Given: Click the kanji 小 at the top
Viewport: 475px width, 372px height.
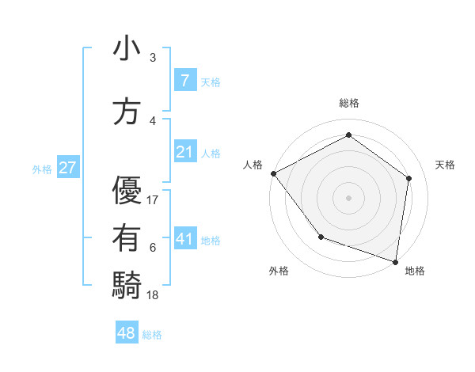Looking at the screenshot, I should (x=127, y=48).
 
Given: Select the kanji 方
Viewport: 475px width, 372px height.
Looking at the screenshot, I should (x=127, y=112).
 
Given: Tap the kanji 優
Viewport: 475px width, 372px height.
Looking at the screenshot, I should (x=127, y=191).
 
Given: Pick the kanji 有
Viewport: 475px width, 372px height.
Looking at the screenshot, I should (x=127, y=238).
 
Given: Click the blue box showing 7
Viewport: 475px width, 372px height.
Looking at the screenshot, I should (x=184, y=80).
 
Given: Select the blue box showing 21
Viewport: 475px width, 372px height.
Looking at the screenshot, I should (x=184, y=152).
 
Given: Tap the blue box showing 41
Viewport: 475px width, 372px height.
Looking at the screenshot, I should (x=184, y=239).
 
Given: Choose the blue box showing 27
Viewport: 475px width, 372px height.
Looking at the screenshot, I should (x=67, y=168).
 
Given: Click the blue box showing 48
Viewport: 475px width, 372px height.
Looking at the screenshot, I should (x=127, y=333).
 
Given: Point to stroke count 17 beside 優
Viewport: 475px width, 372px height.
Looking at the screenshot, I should (x=153, y=200).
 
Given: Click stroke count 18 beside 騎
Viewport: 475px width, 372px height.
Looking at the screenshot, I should (x=153, y=295).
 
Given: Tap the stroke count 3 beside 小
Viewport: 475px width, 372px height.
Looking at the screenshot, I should (x=153, y=58).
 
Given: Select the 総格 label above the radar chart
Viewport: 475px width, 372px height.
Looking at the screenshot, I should (x=349, y=103).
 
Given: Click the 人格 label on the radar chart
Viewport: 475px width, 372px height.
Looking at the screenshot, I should (x=253, y=165).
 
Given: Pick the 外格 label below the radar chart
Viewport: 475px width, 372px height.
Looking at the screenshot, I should (x=278, y=271).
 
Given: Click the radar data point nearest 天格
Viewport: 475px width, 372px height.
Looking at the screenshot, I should (x=408, y=178).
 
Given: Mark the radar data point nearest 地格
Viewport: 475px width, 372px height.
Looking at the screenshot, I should (x=395, y=261).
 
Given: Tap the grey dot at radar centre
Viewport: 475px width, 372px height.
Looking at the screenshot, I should (x=349, y=197).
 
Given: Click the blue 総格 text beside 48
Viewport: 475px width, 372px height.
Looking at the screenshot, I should (x=152, y=335).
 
